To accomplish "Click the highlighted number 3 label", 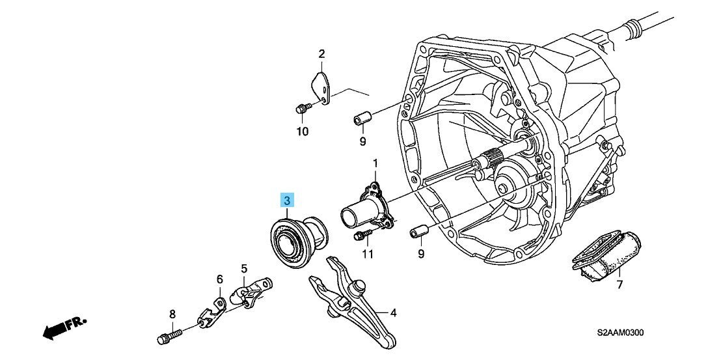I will coord(286,200).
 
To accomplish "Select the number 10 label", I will coord(302,132).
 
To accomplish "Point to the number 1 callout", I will coord(375,162).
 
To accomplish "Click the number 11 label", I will coord(368,254).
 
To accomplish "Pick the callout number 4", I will coord(393,313).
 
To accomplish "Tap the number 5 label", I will coord(244,268).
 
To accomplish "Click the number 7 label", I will coord(619,284).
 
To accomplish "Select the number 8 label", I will coord(172,314).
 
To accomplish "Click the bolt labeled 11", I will coord(362,235).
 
